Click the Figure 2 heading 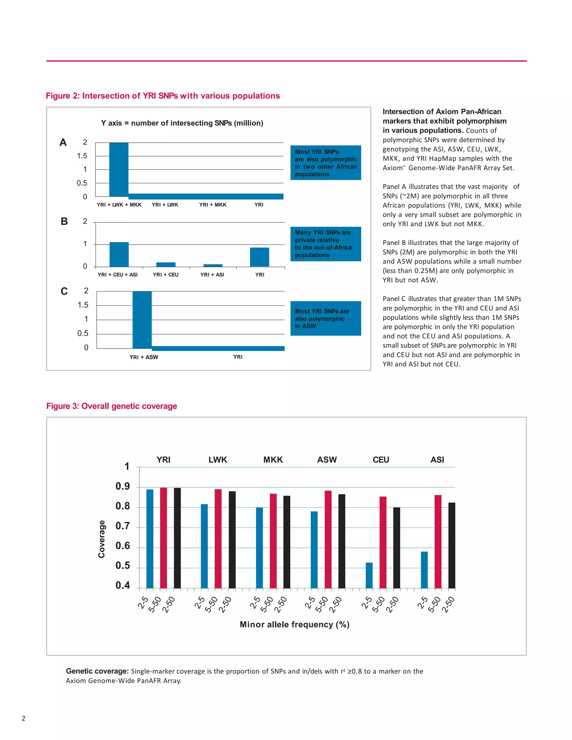pos(163,96)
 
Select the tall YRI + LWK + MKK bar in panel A pos(119,170)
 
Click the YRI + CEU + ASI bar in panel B pos(119,254)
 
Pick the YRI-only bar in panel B pos(259,257)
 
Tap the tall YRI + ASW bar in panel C pos(142,320)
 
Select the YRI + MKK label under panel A pos(213,205)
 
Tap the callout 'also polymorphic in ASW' pos(325,319)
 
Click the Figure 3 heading pos(111,406)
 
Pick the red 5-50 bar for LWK pos(218,538)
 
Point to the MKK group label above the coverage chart pos(273,460)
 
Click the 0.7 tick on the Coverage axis pos(123,526)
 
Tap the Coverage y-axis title pos(101,539)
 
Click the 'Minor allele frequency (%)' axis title pos(294,624)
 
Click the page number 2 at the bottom pos(23,718)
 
